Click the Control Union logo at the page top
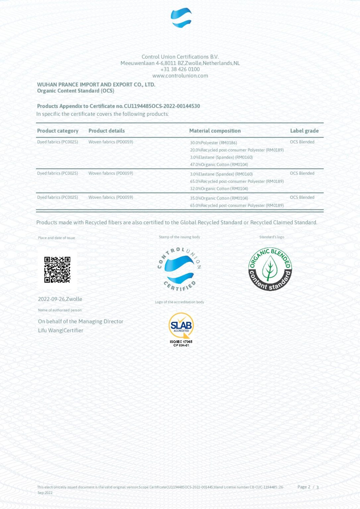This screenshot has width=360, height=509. coord(181,18)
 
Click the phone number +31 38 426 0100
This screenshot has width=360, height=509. coord(180,69)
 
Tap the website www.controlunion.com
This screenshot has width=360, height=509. coord(180,76)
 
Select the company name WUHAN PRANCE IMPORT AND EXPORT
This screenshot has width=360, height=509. coord(96,85)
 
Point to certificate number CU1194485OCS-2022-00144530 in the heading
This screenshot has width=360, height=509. coord(162,106)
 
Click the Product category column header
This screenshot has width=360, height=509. coord(58,131)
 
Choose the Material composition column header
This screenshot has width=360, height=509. coord(215,131)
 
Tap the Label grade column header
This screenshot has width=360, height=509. coord(304,131)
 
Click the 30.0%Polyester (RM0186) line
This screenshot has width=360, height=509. coord(213,143)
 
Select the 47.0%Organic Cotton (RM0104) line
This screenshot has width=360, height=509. coord(219,165)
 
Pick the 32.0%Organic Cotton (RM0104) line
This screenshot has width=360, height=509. coord(219,189)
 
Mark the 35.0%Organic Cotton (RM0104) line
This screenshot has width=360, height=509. coord(219,198)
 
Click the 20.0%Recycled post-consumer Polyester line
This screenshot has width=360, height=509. coord(237,150)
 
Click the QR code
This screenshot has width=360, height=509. coord(57,270)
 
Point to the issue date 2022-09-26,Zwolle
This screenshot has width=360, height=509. coord(60,299)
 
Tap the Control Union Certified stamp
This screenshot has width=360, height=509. coord(179,269)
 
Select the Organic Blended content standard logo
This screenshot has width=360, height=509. coord(270,269)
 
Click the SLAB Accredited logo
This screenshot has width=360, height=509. coord(181,329)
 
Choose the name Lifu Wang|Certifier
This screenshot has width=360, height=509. coord(61,330)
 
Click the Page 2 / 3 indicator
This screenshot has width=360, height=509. coord(308,487)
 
